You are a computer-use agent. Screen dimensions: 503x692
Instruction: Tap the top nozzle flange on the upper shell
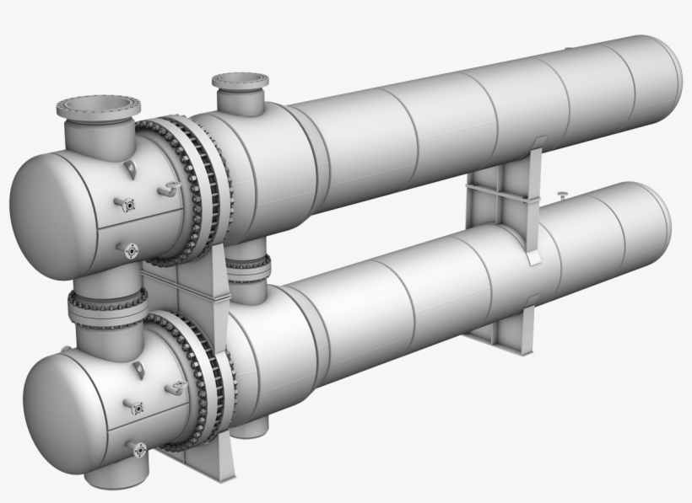pyautogui.click(x=240, y=82)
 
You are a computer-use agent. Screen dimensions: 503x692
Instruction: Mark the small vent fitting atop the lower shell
pyautogui.click(x=561, y=196)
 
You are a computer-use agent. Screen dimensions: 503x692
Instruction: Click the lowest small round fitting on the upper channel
pyautogui.click(x=131, y=250)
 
